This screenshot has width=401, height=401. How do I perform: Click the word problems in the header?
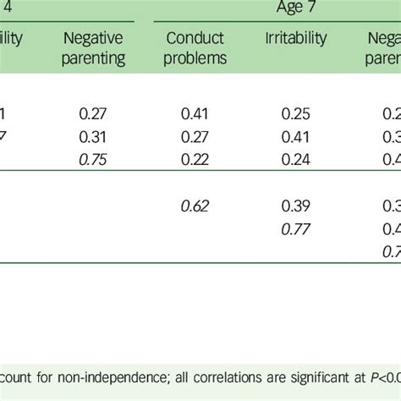point(197,59)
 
